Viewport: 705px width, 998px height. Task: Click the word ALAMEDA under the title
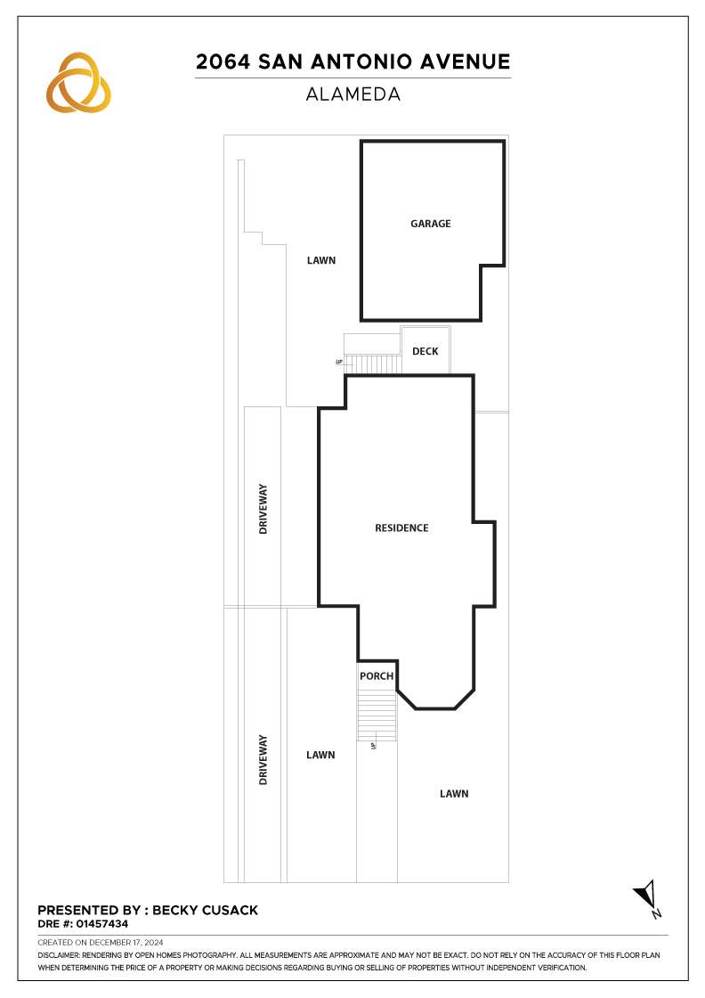[x=352, y=94]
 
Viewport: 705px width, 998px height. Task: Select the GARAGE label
[x=430, y=224]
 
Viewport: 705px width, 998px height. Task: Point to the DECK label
[x=425, y=351]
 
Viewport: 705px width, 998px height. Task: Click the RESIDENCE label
[x=401, y=528]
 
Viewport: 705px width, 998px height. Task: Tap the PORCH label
[x=377, y=676]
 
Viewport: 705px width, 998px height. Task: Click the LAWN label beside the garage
[x=321, y=260]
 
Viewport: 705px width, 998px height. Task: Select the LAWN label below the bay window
[x=454, y=794]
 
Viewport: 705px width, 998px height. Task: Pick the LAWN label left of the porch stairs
[x=320, y=755]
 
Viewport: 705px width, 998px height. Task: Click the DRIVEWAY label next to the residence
[x=263, y=509]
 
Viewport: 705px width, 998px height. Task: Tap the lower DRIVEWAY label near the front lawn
[x=263, y=759]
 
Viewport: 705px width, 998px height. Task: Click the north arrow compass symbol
[x=647, y=896]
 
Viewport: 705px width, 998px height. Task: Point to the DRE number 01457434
[x=102, y=923]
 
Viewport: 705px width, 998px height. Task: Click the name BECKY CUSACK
[x=206, y=910]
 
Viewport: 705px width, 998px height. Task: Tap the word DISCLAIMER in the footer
[x=59, y=955]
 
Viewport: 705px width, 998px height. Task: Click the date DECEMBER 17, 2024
[x=126, y=943]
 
